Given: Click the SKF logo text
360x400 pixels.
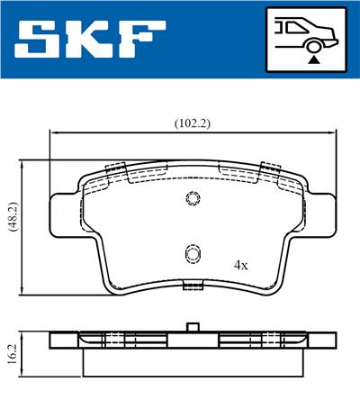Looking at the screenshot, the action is pyautogui.click(x=90, y=40).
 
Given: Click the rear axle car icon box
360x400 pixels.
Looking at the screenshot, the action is pyautogui.click(x=306, y=40).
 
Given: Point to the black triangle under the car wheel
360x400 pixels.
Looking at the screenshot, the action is pyautogui.click(x=314, y=59).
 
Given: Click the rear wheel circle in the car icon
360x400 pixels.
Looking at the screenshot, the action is pyautogui.click(x=314, y=47).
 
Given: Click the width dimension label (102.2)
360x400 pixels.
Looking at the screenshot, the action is pyautogui.click(x=193, y=123).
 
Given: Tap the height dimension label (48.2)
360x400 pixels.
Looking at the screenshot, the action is pyautogui.click(x=13, y=217).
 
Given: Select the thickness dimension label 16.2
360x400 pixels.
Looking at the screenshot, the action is pyautogui.click(x=13, y=354).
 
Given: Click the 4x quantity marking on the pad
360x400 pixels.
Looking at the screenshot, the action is pyautogui.click(x=241, y=265).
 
